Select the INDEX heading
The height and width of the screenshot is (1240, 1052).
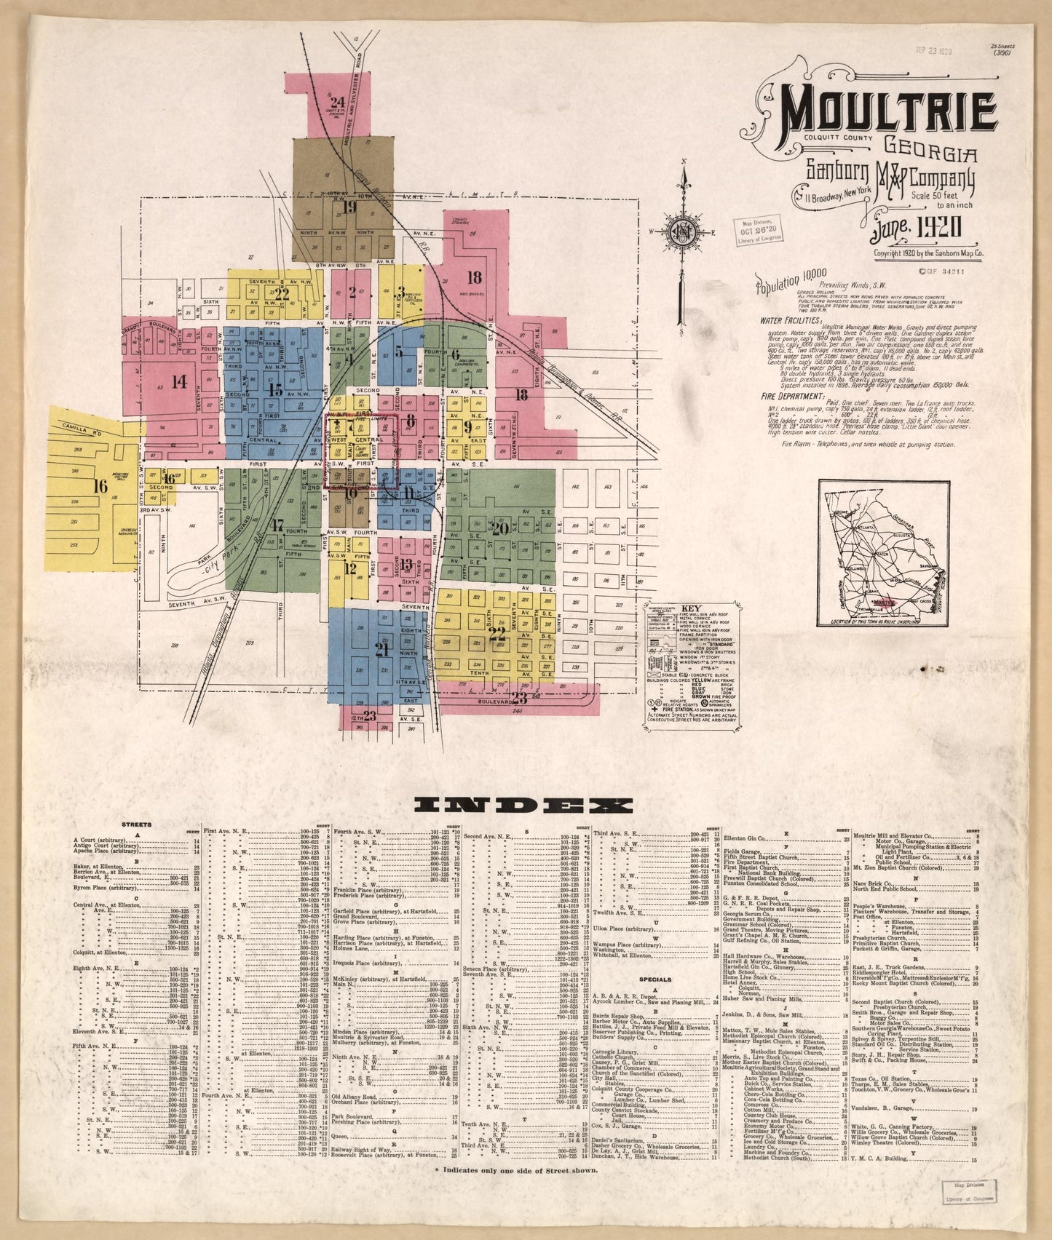523,804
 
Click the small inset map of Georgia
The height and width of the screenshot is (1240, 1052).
883,552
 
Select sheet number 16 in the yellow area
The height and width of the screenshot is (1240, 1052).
100,485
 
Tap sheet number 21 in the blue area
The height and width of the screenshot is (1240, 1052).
381,651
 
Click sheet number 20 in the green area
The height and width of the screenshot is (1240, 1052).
499,528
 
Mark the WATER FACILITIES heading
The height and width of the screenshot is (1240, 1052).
791,319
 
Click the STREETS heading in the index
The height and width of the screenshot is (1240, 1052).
137,824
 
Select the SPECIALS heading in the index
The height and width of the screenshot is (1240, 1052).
654,979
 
